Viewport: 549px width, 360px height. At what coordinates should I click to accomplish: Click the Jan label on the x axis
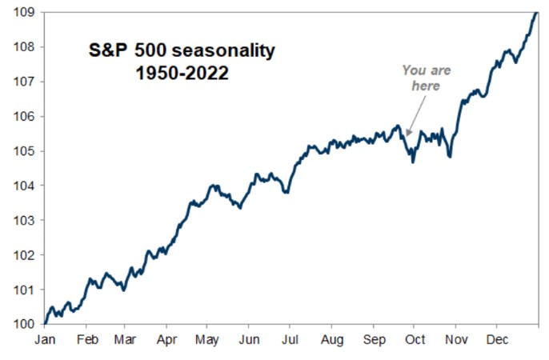click(45, 339)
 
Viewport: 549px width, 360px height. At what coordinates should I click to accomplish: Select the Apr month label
click(166, 339)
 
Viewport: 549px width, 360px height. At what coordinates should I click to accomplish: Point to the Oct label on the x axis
click(414, 339)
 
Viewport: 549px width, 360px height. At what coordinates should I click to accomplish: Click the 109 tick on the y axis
click(22, 12)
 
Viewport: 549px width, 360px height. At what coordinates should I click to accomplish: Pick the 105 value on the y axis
click(22, 151)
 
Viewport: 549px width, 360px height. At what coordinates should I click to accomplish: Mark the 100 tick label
click(22, 324)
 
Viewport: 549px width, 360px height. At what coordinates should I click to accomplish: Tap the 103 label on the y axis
click(22, 220)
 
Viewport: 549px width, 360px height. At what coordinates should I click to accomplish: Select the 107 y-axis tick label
click(22, 82)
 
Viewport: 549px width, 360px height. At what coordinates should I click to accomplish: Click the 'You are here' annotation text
click(426, 78)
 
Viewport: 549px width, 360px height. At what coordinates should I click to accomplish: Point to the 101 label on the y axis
click(22, 290)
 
